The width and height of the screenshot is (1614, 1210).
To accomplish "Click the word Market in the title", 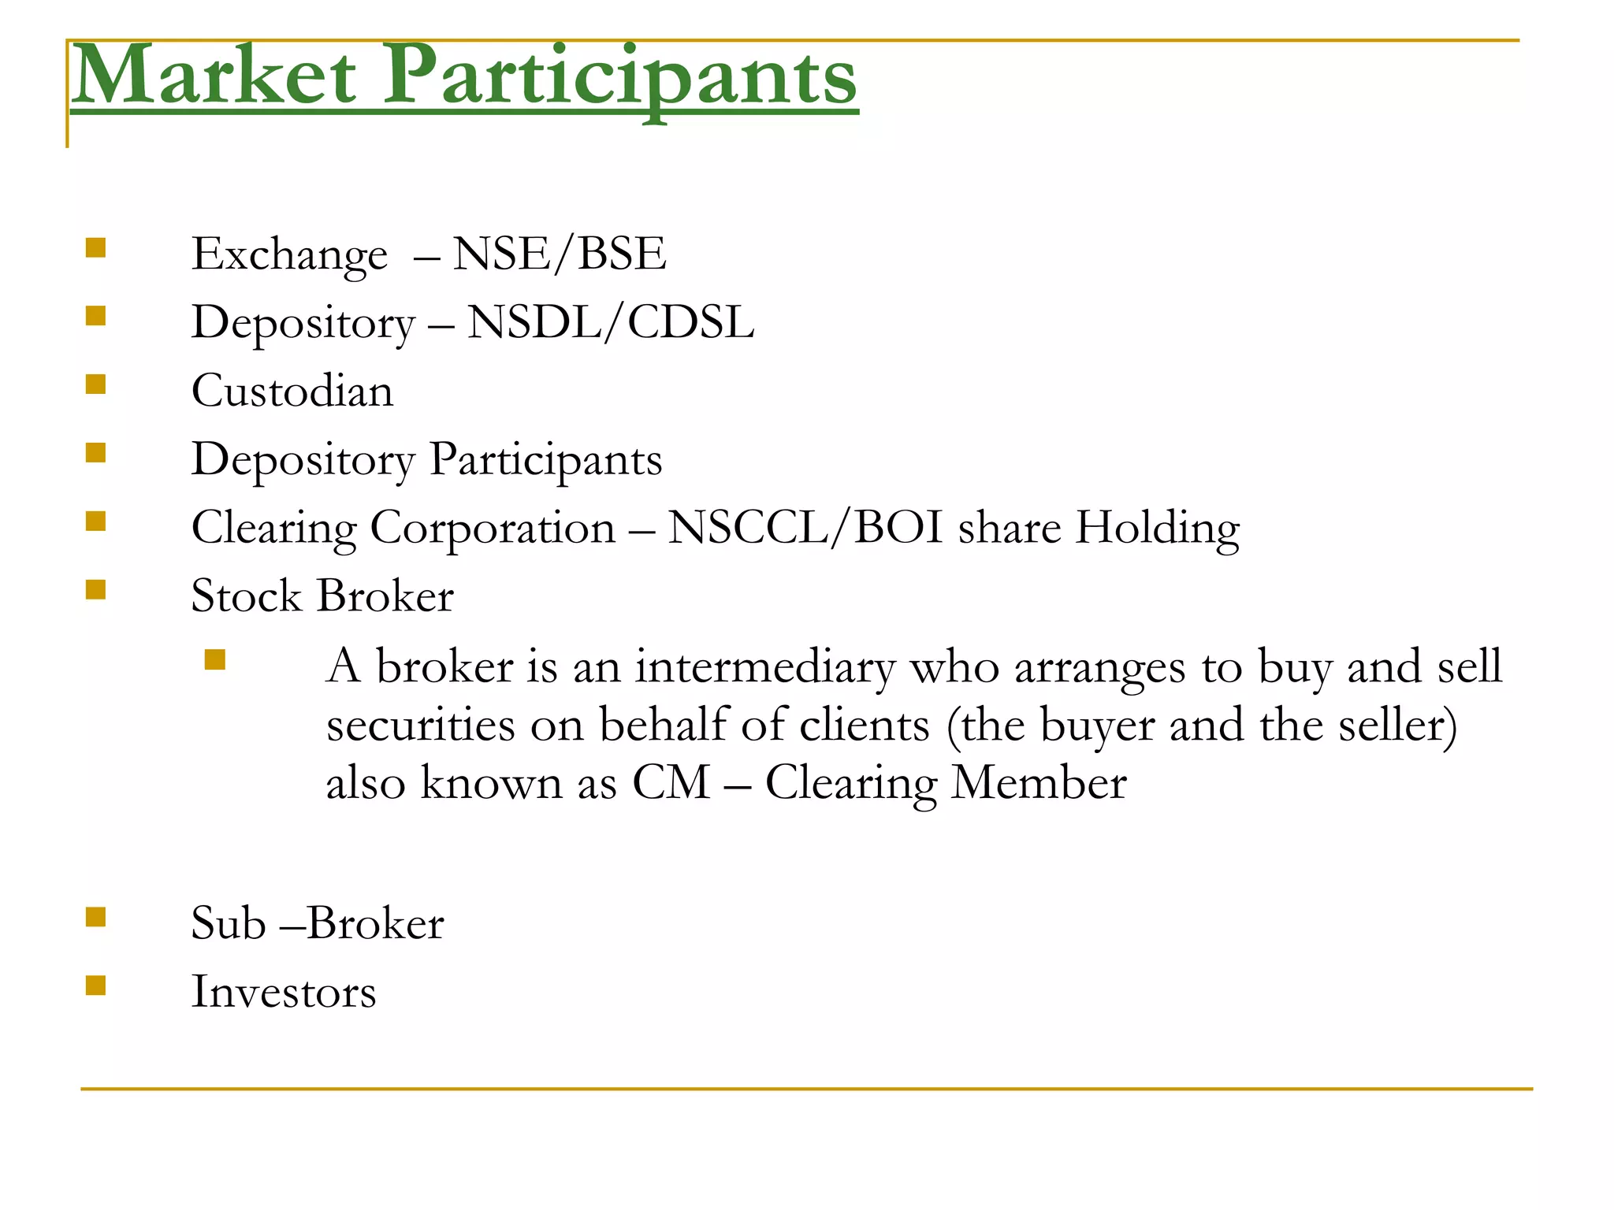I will [x=214, y=76].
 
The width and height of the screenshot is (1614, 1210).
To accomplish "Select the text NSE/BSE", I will [x=560, y=254].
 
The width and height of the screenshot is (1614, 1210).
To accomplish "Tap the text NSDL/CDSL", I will [x=611, y=322].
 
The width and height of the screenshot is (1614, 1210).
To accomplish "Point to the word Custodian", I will [x=292, y=391].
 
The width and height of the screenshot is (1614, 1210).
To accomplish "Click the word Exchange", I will [x=289, y=255].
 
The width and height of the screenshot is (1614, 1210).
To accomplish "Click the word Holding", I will [x=1158, y=529].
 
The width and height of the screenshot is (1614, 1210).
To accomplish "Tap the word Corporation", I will [x=493, y=528].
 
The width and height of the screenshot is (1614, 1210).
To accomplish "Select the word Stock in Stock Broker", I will [x=246, y=596].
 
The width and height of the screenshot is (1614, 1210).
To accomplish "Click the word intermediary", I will [x=765, y=666].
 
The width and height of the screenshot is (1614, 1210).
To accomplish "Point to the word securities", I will [x=420, y=725].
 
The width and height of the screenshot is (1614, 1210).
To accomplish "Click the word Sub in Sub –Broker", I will [x=228, y=923].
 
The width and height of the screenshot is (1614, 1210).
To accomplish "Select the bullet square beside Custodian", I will [x=95, y=384].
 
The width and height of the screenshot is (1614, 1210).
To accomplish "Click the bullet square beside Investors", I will [x=95, y=985].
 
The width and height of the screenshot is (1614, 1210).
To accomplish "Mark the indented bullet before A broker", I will [x=214, y=659].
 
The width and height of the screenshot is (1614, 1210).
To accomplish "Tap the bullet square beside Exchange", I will [x=95, y=248].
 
